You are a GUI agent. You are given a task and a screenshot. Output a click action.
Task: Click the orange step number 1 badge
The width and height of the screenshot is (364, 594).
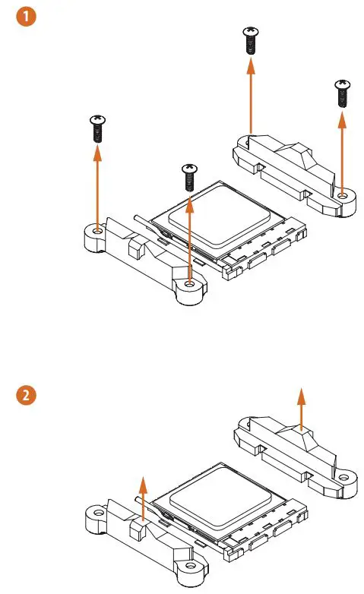(x=25, y=14)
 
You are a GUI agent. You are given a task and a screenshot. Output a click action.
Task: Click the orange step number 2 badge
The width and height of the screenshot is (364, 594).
(x=25, y=395)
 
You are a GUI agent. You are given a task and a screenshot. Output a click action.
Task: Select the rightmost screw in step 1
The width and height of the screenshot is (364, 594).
(x=341, y=93)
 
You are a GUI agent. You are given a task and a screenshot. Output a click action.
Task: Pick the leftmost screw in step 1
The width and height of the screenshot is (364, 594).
(x=97, y=129)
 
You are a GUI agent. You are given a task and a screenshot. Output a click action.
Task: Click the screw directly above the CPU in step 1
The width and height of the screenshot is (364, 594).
(x=188, y=178)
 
